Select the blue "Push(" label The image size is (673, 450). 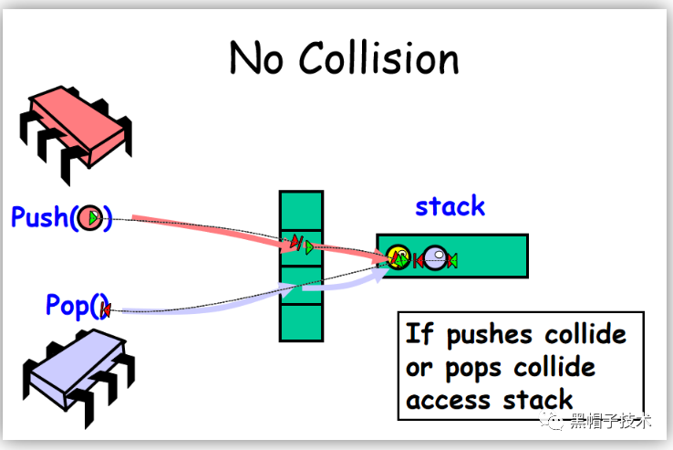tap(41, 217)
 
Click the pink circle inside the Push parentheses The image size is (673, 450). tap(90, 218)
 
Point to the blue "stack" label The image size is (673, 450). tap(450, 206)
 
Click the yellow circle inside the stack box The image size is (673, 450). tap(399, 257)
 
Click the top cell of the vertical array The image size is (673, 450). tap(301, 211)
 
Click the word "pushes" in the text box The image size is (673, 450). tap(491, 334)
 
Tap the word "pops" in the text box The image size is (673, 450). tap(473, 367)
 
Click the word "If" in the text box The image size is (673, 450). tap(419, 334)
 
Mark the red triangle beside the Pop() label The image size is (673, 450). tap(106, 310)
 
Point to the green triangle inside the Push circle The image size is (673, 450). tap(93, 218)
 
